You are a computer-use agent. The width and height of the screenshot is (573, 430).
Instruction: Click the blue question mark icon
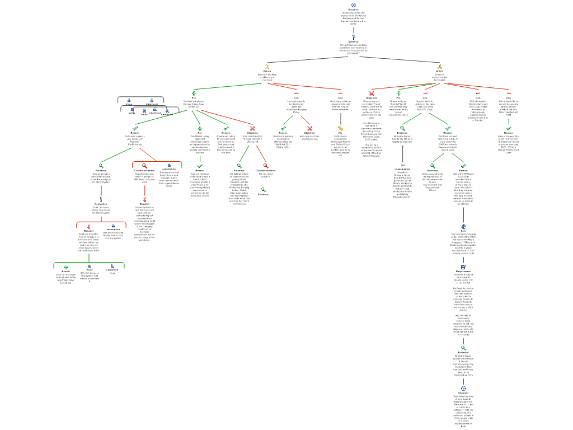(354, 37)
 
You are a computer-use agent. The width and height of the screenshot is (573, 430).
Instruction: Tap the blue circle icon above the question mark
(354, 5)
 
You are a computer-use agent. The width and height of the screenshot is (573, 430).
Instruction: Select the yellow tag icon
(340, 128)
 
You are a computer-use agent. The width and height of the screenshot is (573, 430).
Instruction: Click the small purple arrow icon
(402, 165)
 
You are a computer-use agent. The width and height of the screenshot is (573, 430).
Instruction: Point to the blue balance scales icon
(463, 227)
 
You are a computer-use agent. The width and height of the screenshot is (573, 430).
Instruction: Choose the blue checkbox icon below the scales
(463, 267)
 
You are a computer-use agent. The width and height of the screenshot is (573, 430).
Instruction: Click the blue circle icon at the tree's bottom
(463, 388)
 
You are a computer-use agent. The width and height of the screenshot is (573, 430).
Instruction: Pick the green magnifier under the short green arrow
(463, 348)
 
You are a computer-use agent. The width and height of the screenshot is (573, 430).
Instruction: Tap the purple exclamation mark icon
(101, 199)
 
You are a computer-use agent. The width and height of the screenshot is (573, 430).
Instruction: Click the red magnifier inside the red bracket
(144, 166)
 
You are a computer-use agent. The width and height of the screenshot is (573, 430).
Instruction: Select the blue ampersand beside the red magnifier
(169, 165)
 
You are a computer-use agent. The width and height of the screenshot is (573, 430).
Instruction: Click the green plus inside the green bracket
(66, 267)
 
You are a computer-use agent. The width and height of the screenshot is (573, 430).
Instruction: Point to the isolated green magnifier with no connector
(263, 190)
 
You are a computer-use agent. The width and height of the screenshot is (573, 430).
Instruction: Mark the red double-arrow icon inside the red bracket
(89, 226)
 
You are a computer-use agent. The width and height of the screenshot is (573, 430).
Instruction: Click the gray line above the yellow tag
(340, 119)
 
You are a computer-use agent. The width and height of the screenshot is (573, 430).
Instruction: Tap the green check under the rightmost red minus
(509, 128)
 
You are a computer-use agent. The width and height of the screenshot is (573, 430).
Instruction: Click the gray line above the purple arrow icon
(402, 153)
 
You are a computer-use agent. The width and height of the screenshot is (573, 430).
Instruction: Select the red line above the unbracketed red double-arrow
(144, 191)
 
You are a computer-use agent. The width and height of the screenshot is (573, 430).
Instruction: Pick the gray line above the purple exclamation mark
(101, 190)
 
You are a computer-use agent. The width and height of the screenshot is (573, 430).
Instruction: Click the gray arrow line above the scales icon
(463, 215)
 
